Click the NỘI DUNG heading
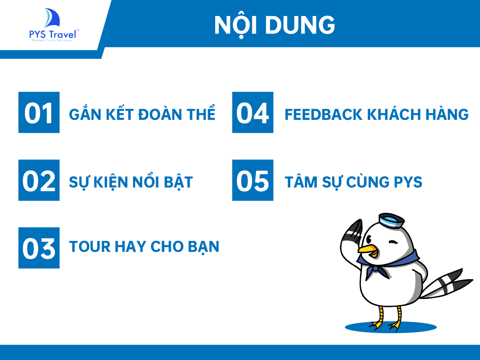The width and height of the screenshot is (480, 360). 274,25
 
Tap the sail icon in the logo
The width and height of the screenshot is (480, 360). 52,18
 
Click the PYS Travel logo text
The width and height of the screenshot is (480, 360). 53,34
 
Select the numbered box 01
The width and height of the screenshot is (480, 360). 39,112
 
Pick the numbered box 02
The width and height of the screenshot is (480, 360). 39,180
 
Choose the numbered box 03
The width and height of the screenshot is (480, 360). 39,248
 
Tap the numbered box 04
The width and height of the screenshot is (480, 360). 253,112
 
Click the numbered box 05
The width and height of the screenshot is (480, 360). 253,180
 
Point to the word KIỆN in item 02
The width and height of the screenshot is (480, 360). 110,182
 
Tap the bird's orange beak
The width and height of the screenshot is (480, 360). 368,250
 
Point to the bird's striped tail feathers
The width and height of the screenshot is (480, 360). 446,284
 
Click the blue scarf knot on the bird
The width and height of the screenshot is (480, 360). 375,268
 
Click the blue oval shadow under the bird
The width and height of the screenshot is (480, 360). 391,327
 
